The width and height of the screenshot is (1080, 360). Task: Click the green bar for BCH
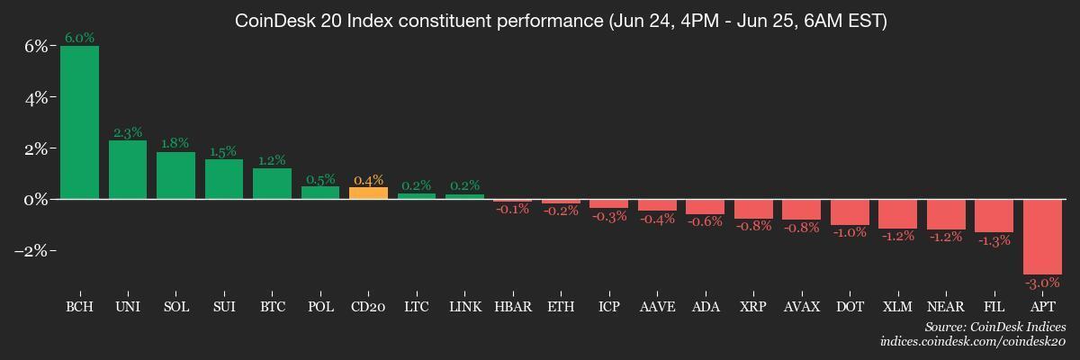[79, 121]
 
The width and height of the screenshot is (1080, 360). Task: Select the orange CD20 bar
[368, 193]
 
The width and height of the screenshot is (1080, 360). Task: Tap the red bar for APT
[1042, 236]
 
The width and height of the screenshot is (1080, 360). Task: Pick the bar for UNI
[128, 169]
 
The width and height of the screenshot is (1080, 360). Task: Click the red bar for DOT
[850, 211]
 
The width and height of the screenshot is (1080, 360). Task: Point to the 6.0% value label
[79, 38]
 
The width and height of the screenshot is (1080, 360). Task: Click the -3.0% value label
[1042, 283]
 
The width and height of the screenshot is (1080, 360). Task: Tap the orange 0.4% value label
[368, 180]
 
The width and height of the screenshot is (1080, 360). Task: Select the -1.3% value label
[994, 240]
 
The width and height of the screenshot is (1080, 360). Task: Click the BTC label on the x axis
[272, 307]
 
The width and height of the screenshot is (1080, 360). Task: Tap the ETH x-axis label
[561, 307]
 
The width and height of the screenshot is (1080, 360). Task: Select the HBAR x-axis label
[512, 307]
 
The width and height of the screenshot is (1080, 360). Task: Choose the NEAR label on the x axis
[946, 307]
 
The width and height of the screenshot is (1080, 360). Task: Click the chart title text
[561, 21]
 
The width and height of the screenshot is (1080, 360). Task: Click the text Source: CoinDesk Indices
[995, 328]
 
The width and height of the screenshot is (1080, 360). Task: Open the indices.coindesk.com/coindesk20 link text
[973, 342]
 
